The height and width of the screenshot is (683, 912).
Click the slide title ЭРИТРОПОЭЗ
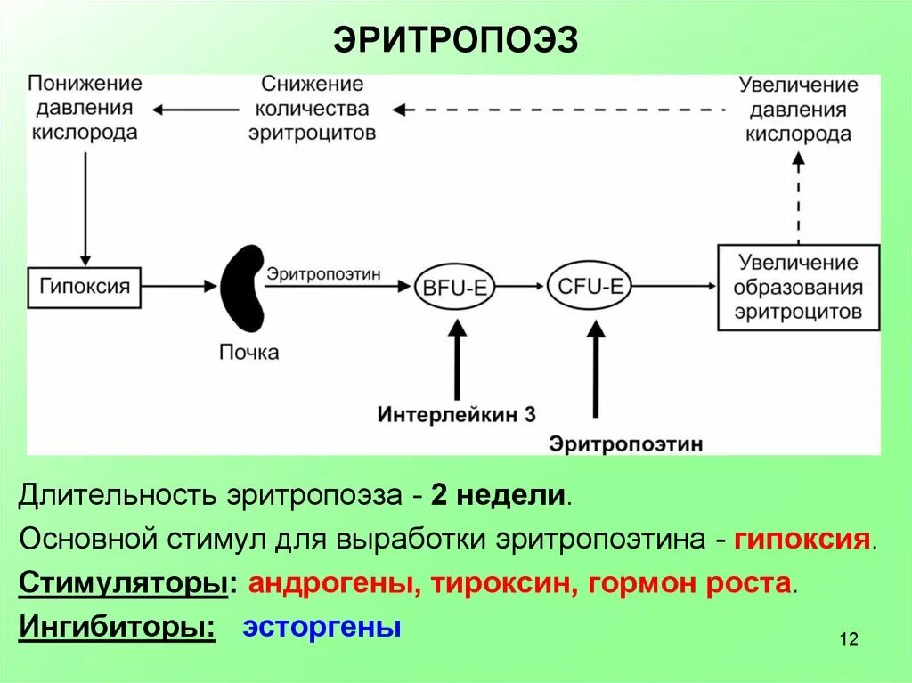pyautogui.click(x=455, y=39)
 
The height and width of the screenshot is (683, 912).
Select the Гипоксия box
pyautogui.click(x=85, y=287)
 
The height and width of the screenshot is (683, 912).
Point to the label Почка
pyautogui.click(x=248, y=353)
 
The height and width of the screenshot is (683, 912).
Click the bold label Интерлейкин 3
pyautogui.click(x=456, y=414)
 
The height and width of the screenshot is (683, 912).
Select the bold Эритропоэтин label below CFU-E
pyautogui.click(x=626, y=443)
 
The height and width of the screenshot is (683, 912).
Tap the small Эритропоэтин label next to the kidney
pyautogui.click(x=324, y=273)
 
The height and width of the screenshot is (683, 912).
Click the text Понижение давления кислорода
pyautogui.click(x=85, y=108)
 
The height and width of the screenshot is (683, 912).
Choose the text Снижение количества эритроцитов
pyautogui.click(x=312, y=108)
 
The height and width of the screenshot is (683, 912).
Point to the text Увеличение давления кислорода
pyautogui.click(x=798, y=110)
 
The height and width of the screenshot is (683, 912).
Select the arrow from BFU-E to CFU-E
pyautogui.click(x=521, y=287)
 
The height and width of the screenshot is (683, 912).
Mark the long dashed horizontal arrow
pyautogui.click(x=561, y=110)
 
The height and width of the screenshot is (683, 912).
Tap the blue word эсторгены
pyautogui.click(x=322, y=627)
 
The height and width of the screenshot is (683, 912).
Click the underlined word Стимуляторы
pyautogui.click(x=121, y=584)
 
